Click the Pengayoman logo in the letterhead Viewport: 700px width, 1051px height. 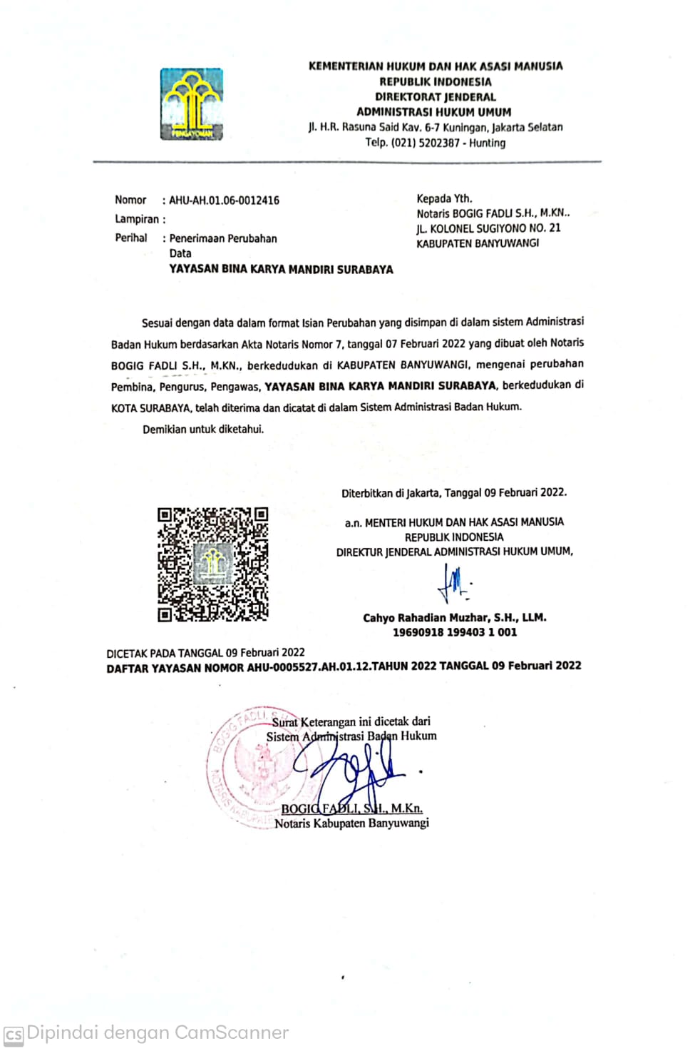(191, 104)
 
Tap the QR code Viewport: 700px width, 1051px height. (212, 564)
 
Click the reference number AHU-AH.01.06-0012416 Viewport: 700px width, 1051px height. (224, 200)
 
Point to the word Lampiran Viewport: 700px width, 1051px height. (137, 219)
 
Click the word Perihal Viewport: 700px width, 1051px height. (131, 238)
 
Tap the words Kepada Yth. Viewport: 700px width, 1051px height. (444, 198)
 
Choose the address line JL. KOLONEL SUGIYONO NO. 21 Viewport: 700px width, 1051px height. (488, 228)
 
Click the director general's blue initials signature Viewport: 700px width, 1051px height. (453, 582)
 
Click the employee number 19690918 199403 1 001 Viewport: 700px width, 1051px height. (455, 632)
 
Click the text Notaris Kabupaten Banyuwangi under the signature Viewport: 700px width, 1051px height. (351, 823)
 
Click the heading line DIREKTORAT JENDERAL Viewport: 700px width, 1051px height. (436, 97)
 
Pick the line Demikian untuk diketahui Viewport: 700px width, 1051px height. (203, 430)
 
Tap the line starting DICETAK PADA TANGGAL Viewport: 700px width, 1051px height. (205, 652)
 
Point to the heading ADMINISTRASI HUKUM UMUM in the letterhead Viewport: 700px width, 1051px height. (433, 112)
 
